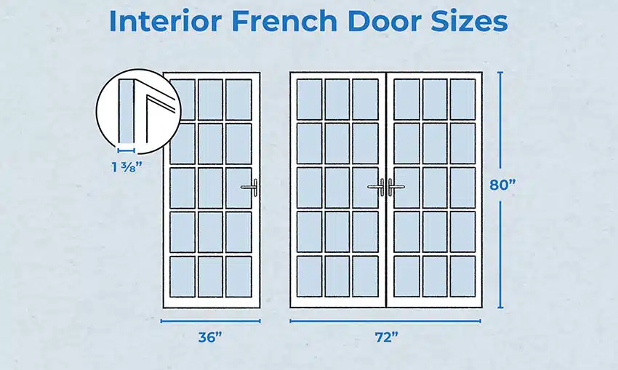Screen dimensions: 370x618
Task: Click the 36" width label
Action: (210, 337)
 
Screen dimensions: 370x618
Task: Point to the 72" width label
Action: (385, 337)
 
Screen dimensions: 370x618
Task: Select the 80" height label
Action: (502, 185)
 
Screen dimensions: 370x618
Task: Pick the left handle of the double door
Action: (378, 188)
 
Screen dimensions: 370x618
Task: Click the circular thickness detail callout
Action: (137, 113)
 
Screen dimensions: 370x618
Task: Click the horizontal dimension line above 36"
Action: (210, 320)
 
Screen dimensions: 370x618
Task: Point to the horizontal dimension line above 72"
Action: (385, 320)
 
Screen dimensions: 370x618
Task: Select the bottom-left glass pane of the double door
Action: (309, 276)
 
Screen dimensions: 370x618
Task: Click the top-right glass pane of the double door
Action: (462, 100)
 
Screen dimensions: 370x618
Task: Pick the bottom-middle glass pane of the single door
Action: (210, 276)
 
